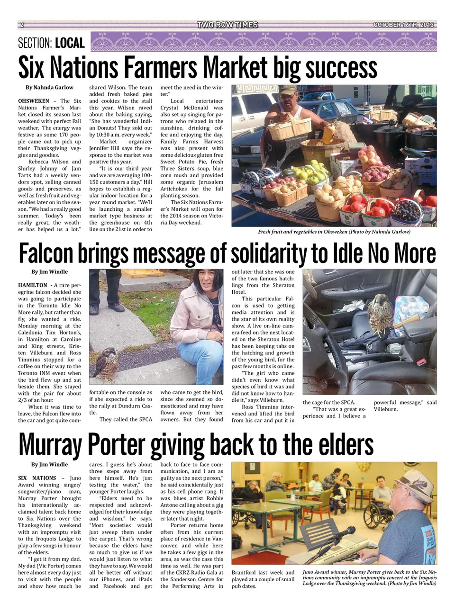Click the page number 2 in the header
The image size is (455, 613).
coord(22,25)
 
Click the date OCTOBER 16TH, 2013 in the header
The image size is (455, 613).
coord(403,25)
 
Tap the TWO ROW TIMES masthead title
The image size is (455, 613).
coord(227,25)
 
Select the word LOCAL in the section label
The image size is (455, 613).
coord(70,44)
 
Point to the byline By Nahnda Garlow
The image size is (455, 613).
coord(49,88)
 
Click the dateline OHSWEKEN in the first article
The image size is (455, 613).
coord(34,101)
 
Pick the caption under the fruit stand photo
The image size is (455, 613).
coord(334,232)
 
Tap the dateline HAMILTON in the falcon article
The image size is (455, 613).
coord(33,285)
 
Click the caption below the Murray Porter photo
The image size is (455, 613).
coord(369,578)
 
